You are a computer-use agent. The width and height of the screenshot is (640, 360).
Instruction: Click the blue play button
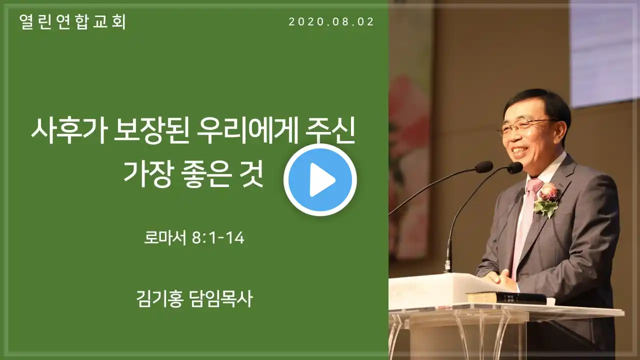(320, 179)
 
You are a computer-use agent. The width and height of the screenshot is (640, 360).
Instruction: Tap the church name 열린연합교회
(73, 22)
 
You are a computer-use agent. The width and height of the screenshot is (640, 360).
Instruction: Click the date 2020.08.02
(331, 22)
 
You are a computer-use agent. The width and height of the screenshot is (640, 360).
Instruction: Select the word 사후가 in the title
(68, 133)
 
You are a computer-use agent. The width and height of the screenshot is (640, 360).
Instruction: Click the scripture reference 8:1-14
(218, 238)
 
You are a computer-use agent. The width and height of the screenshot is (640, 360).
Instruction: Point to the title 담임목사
(221, 299)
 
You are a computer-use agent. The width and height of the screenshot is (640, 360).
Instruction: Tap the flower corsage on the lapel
(546, 199)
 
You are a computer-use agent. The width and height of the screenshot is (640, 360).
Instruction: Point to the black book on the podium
(505, 297)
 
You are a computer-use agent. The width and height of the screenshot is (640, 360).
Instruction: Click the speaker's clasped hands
(496, 278)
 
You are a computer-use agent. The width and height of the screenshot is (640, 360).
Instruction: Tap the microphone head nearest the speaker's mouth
(515, 167)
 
